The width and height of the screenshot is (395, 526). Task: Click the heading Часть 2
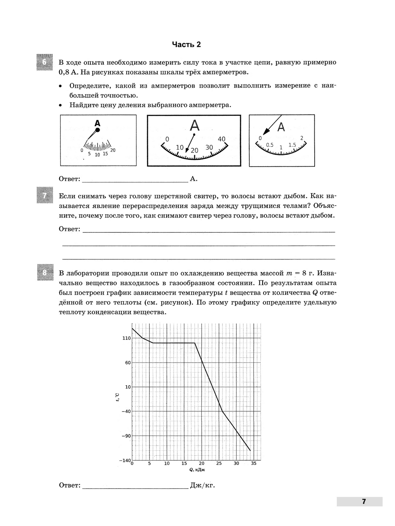coord(186,45)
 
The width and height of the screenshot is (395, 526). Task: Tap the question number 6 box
coord(45,62)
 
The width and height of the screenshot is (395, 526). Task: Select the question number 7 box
coord(45,196)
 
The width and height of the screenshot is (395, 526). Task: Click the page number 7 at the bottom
coord(364,501)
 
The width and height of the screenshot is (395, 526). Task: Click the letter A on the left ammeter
coord(97,123)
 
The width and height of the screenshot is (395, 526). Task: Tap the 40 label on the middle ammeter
coord(222,139)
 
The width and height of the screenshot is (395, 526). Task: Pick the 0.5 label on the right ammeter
coord(270,145)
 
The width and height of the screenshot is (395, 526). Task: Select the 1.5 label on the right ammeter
coord(292,145)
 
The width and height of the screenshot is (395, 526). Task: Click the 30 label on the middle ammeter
coord(209,148)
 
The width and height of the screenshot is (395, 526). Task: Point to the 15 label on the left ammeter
coord(105,154)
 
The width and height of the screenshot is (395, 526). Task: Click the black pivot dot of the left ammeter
coord(97,130)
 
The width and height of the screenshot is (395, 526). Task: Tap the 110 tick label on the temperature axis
coord(127,338)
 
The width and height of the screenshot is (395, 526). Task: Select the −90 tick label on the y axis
coord(126,436)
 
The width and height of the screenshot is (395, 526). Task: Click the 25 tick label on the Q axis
coord(219,464)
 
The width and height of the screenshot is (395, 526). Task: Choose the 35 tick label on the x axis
coord(253,464)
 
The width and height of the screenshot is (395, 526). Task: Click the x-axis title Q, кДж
coord(197,470)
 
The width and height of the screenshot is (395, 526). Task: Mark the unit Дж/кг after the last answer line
coord(202,486)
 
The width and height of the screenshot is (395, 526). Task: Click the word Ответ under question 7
coord(69,229)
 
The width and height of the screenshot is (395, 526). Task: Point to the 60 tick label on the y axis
coord(128,363)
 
